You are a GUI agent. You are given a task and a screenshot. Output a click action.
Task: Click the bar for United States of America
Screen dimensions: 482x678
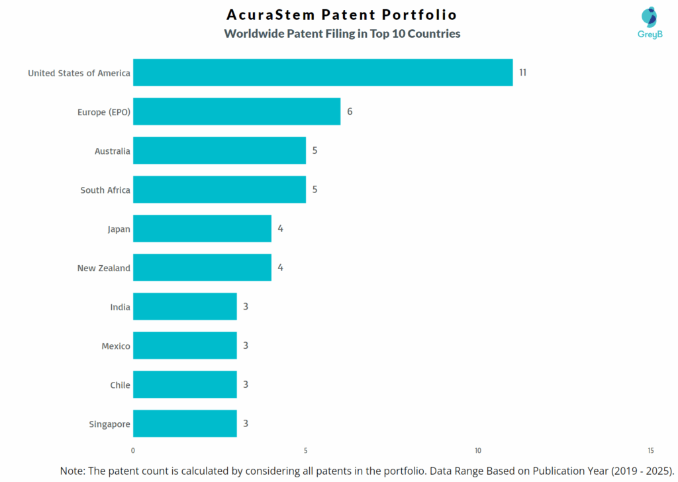[x=322, y=72]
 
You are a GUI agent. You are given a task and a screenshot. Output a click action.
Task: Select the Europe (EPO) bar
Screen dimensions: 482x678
[x=236, y=111]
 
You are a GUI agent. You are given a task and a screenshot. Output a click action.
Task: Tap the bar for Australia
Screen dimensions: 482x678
[x=219, y=151]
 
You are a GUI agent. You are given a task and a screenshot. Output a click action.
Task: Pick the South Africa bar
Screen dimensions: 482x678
[x=219, y=190]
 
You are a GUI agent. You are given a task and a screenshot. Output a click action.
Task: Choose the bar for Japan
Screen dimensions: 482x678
[x=202, y=229]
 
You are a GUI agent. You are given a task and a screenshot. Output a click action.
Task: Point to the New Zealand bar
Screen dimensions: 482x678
[x=202, y=268]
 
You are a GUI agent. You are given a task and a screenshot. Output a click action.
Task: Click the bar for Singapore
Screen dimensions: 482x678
[x=185, y=424]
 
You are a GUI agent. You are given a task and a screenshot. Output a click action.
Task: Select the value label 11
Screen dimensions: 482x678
[x=522, y=72]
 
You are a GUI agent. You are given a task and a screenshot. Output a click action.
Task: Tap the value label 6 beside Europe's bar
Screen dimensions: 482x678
[x=350, y=111]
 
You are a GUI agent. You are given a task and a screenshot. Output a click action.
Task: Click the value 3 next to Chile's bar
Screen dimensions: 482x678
[x=246, y=385]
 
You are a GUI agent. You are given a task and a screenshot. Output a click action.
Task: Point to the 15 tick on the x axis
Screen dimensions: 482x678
[x=651, y=451]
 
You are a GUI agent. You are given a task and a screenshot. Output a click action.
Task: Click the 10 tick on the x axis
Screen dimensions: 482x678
[x=478, y=451]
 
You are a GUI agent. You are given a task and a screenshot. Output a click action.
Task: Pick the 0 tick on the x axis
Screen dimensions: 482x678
[x=133, y=451]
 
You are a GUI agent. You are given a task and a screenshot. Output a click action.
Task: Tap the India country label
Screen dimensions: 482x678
[x=120, y=307]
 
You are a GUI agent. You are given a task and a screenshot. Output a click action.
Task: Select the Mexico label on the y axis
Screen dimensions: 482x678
[x=116, y=346]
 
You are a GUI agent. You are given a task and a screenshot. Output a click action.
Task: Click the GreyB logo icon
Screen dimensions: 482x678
[x=650, y=18]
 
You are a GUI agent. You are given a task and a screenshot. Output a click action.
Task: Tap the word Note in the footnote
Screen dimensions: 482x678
[x=73, y=471]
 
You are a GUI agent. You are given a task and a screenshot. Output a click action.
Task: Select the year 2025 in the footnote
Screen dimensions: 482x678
[x=657, y=471]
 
